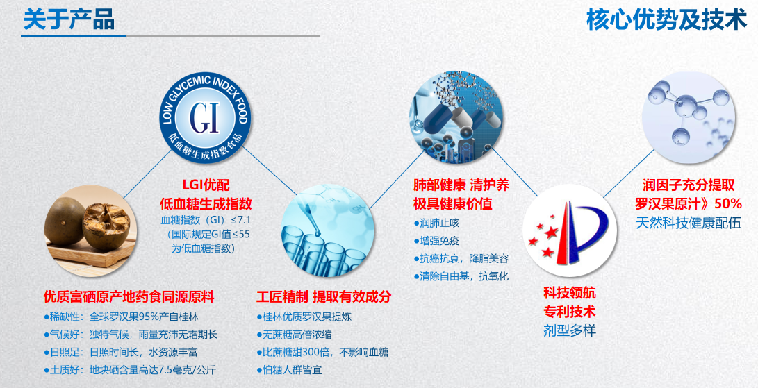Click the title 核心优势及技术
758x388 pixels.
click(666, 20)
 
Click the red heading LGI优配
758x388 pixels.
click(206, 185)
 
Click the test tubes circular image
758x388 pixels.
click(328, 230)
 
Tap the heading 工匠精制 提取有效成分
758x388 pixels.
click(323, 296)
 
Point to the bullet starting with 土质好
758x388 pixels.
click(129, 371)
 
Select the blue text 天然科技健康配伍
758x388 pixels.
click(688, 223)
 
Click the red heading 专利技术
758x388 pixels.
click(570, 311)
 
